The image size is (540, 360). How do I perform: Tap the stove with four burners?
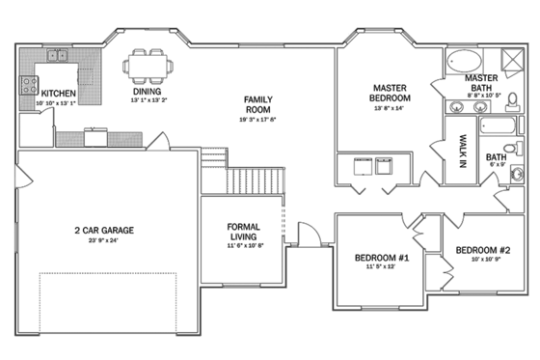tap(28, 85)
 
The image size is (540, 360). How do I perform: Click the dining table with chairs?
tap(148, 69)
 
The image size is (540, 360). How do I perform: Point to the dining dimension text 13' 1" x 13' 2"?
tap(148, 100)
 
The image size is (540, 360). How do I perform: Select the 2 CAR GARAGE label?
tap(103, 230)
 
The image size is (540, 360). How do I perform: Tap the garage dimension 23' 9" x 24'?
tap(103, 240)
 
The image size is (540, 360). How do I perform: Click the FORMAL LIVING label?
tap(242, 232)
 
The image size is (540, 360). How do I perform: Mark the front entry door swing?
tap(306, 234)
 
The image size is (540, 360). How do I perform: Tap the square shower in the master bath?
tap(511, 60)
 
